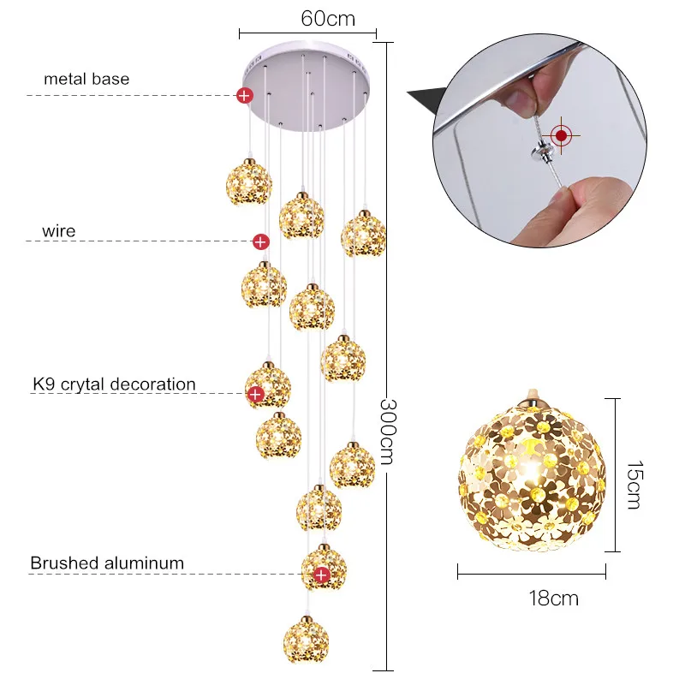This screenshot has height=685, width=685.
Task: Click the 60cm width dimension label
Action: pyautogui.click(x=328, y=19)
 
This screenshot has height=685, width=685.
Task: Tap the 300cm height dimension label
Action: pyautogui.click(x=387, y=432)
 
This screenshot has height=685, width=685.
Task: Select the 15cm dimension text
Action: pyautogui.click(x=634, y=485)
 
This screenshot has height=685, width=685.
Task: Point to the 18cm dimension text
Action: pyautogui.click(x=553, y=598)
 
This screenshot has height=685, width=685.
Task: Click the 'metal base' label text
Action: pyautogui.click(x=86, y=79)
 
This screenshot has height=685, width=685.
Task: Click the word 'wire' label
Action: pyautogui.click(x=58, y=230)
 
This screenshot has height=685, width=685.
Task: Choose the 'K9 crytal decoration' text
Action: pyautogui.click(x=114, y=384)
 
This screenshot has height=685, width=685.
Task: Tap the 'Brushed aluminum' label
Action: pyautogui.click(x=107, y=563)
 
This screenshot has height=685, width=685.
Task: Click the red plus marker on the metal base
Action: pyautogui.click(x=245, y=95)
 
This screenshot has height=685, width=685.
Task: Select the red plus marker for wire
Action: pyautogui.click(x=261, y=241)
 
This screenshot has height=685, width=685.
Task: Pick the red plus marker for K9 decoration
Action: pyautogui.click(x=255, y=394)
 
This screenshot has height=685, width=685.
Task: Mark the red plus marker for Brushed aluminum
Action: pyautogui.click(x=322, y=575)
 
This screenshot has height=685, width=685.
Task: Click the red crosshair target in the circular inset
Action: pyautogui.click(x=562, y=135)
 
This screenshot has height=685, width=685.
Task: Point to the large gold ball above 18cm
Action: pyautogui.click(x=532, y=475)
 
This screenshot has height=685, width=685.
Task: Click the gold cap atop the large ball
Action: pyautogui.click(x=532, y=398)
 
